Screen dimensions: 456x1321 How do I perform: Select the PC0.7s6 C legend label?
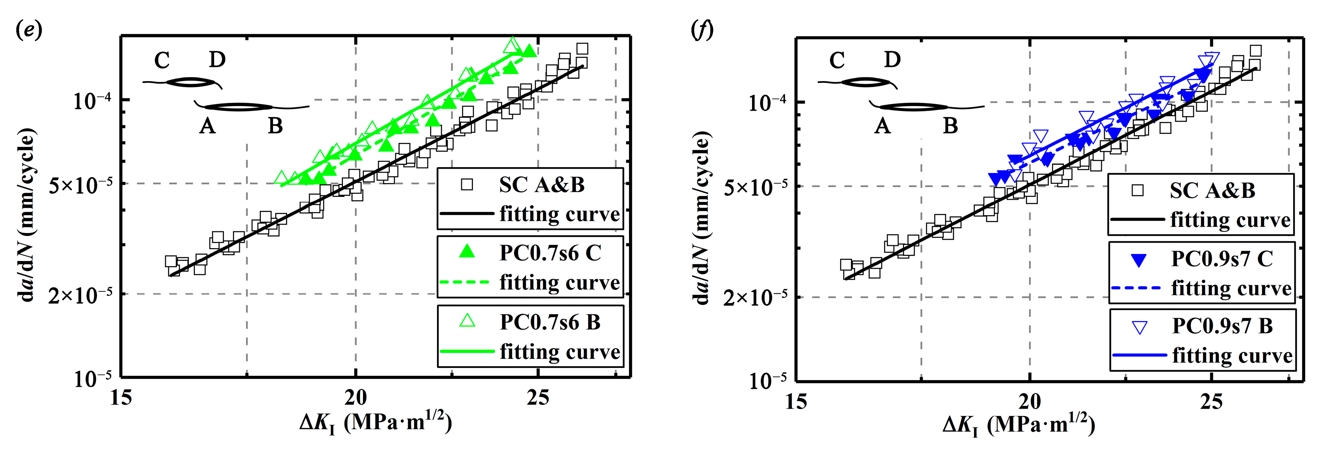pos(550,253)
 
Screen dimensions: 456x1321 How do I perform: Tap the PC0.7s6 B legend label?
pos(550,322)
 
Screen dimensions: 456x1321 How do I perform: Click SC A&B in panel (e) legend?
pos(541,185)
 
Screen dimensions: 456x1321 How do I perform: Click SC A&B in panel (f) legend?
pos(1212,191)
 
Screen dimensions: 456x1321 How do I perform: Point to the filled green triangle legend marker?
pos(467,251)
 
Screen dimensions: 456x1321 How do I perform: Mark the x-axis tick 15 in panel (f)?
pos(796,401)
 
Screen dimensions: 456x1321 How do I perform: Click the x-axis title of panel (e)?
pos(376,423)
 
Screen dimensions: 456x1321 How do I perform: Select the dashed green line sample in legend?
pos(466,282)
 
